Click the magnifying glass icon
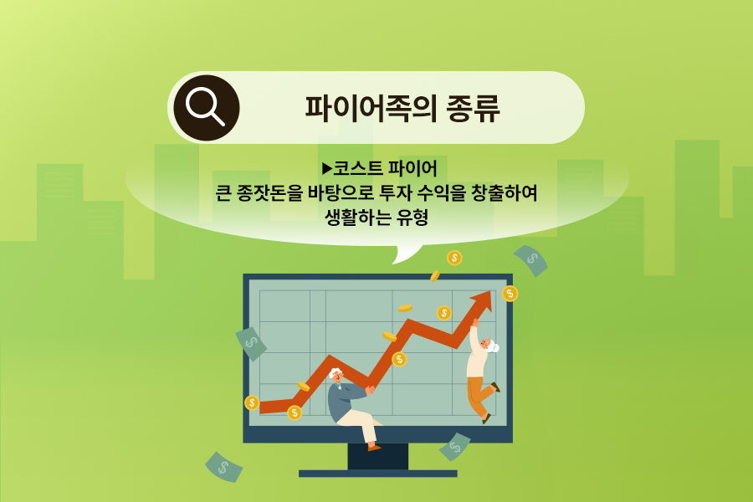coord(207,108)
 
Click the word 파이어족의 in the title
coord(371,108)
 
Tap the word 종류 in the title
coord(474,108)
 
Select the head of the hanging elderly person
coord(489,345)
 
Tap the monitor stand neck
coord(378,456)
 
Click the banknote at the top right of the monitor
coord(530,260)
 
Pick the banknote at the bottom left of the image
coord(223,467)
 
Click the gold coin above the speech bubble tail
coord(454,258)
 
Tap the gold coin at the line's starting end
coord(252,402)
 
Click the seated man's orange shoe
coord(374,448)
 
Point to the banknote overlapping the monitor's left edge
coord(251,344)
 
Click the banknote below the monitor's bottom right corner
coord(455,447)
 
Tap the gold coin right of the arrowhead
coord(510,294)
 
